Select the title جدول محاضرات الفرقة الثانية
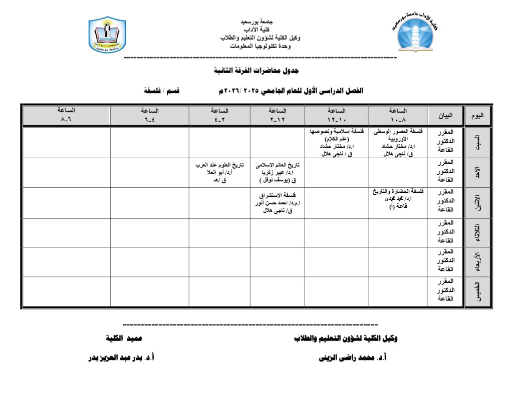(x=256, y=71)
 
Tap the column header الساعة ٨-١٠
(x=398, y=115)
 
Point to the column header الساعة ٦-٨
(x=66, y=115)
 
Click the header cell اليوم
(x=478, y=116)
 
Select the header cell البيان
(x=445, y=116)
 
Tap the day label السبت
(x=478, y=143)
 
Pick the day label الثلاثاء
(x=478, y=233)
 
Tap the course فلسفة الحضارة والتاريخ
(x=398, y=191)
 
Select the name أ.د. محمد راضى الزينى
(x=353, y=358)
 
